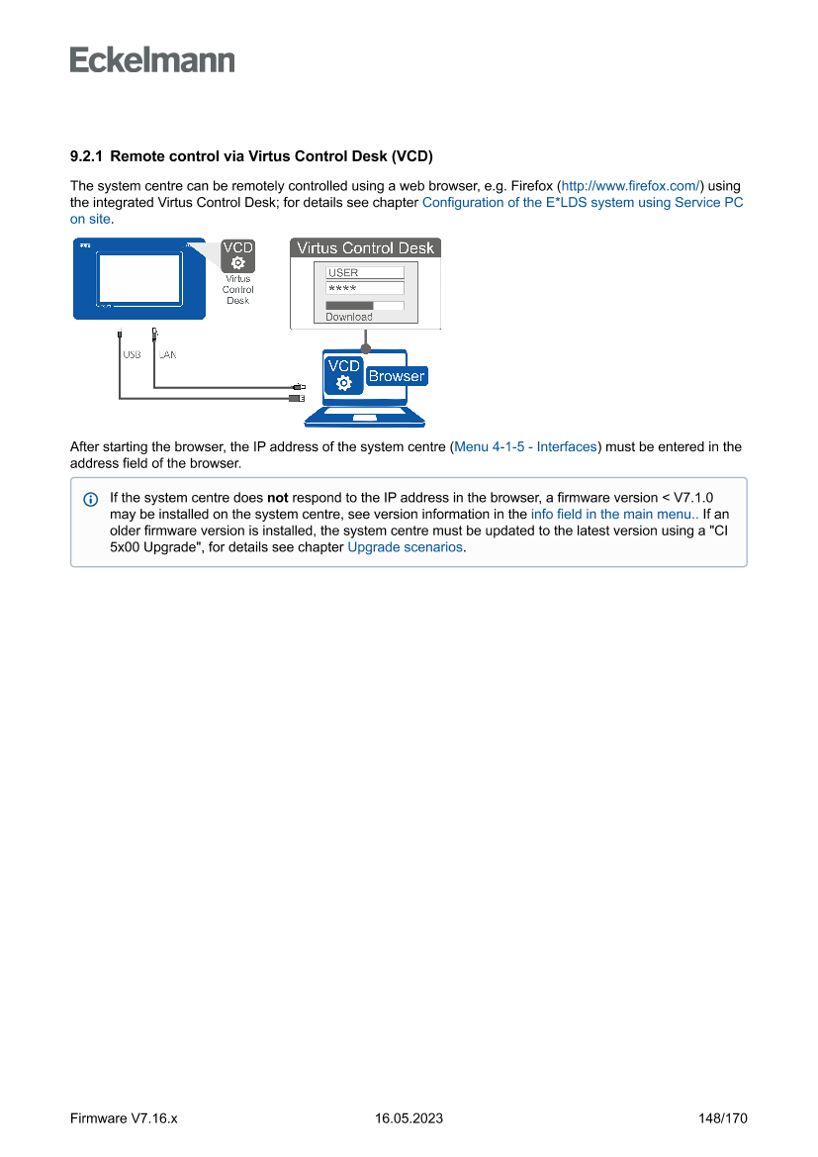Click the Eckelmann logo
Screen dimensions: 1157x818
(x=152, y=60)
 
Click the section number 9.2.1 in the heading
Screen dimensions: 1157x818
(x=87, y=156)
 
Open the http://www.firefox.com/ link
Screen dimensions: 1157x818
(x=631, y=186)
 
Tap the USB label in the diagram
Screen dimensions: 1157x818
(x=132, y=353)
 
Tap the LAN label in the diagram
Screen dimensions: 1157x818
(x=167, y=353)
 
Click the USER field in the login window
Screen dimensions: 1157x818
(x=365, y=272)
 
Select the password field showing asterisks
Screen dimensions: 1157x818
(x=365, y=288)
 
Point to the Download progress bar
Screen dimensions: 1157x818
(x=365, y=306)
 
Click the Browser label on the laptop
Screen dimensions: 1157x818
(x=396, y=376)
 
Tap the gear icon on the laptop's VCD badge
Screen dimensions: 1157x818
(x=343, y=384)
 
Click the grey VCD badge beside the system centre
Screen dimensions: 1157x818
(x=237, y=255)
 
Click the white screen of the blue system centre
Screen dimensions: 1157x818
(x=138, y=278)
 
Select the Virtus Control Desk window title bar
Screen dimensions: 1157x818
(x=365, y=247)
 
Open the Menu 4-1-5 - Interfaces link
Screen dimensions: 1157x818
(x=525, y=446)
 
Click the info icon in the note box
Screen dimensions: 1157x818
(x=91, y=498)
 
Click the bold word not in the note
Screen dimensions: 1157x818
(x=277, y=497)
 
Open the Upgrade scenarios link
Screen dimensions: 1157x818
(x=405, y=546)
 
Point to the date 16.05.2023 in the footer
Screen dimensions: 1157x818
(x=409, y=1118)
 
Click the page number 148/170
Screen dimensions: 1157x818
(x=722, y=1118)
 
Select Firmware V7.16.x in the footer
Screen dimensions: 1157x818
(x=124, y=1118)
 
